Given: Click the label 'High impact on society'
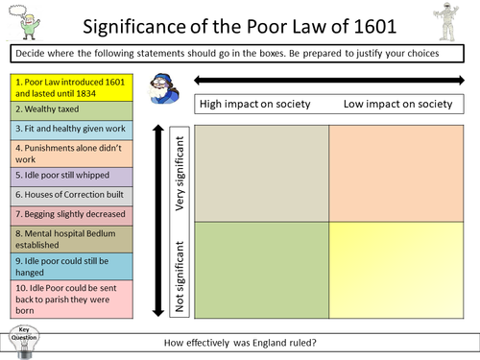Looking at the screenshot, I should click(x=252, y=104).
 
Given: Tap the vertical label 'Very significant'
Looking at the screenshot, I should click(x=178, y=174).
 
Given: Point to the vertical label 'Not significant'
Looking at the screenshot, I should click(x=178, y=273).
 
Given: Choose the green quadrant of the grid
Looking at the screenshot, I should click(x=261, y=270).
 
